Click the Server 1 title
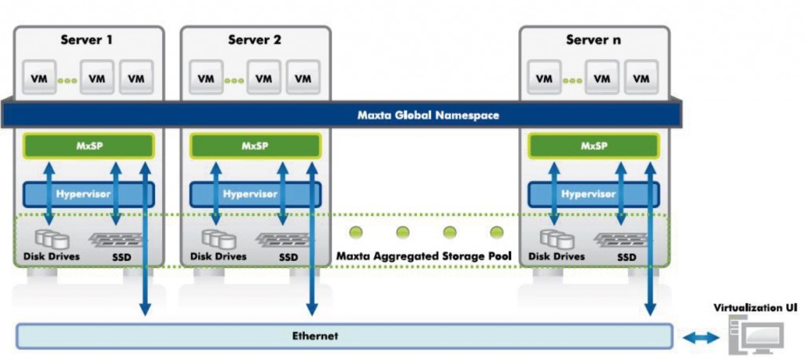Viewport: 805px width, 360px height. [x=86, y=39]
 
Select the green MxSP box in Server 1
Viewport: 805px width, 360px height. [x=86, y=146]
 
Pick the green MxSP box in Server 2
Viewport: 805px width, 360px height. [x=255, y=146]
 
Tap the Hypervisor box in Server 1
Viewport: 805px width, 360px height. [x=86, y=193]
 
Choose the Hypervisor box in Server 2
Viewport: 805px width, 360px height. [x=255, y=193]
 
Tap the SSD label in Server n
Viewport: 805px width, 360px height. [x=627, y=256]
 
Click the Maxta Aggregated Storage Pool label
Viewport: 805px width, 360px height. [x=424, y=256]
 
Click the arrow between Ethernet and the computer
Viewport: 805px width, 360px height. [x=700, y=337]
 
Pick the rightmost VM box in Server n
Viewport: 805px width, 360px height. [x=641, y=79]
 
